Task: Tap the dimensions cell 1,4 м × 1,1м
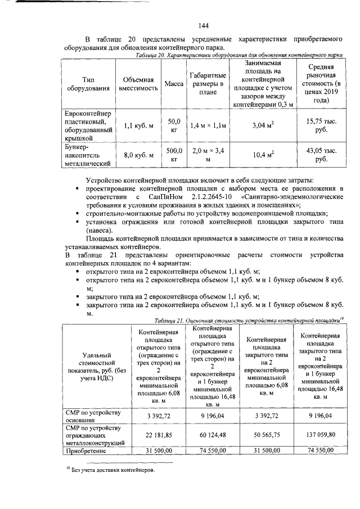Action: (208, 125)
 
